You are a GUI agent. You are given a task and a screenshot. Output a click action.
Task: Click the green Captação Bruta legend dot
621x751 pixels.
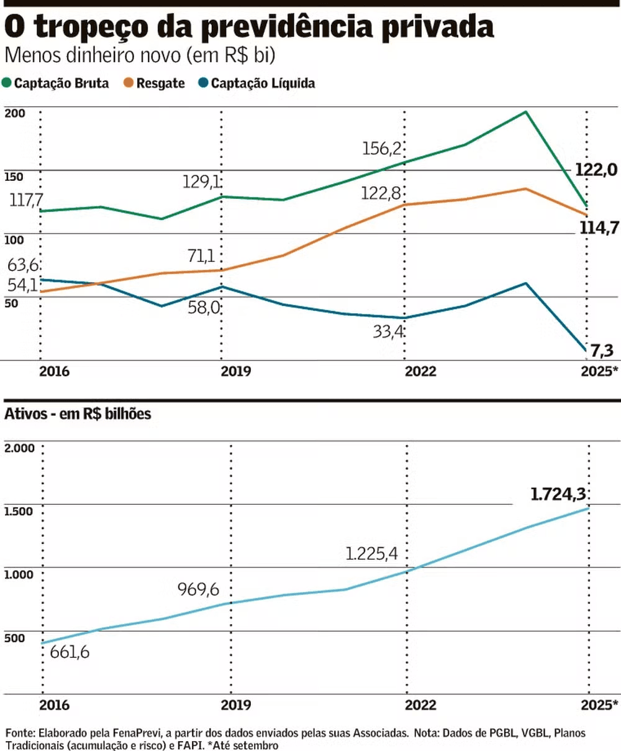tap(7, 83)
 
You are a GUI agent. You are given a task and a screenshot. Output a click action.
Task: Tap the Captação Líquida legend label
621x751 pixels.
tap(263, 83)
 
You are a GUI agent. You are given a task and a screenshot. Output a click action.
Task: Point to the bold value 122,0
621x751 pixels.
tap(596, 169)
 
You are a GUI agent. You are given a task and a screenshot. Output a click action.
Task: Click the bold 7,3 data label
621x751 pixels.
tap(601, 351)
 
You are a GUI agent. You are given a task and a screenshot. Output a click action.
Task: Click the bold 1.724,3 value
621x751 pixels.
tap(558, 494)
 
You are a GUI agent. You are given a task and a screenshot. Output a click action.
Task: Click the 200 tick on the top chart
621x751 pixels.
tap(14, 113)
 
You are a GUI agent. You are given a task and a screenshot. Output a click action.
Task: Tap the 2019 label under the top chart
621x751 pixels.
tap(236, 372)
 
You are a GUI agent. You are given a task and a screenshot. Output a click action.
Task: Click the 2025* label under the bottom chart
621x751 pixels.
tap(598, 705)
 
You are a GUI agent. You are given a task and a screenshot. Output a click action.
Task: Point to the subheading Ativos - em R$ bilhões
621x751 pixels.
tap(78, 413)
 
